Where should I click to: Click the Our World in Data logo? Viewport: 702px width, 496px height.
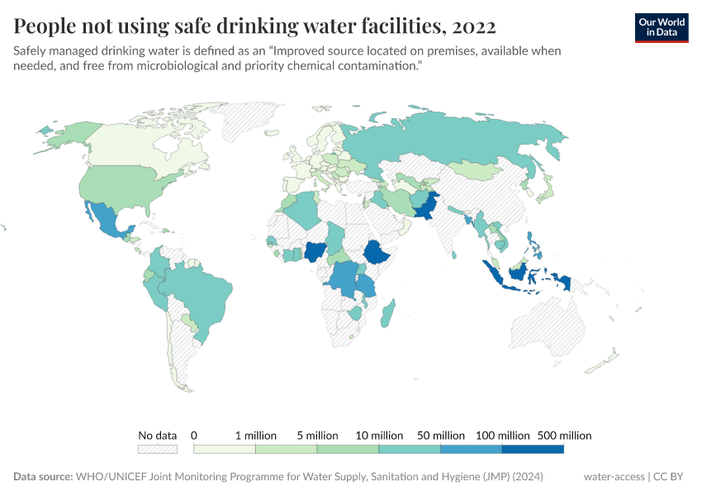click(x=661, y=26)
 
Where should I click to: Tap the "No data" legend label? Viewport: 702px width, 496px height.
click(x=157, y=435)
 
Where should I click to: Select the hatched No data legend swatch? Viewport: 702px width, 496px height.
click(x=157, y=449)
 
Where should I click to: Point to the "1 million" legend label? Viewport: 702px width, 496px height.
click(x=255, y=435)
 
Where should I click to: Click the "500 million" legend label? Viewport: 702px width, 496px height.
click(x=564, y=435)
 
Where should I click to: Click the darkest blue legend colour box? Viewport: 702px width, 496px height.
click(x=533, y=449)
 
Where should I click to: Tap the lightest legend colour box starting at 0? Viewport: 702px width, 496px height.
click(x=224, y=449)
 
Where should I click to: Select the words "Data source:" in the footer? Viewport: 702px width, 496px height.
click(x=42, y=477)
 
